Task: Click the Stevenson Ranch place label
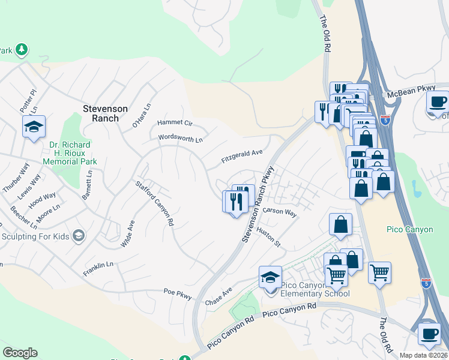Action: coord(105,113)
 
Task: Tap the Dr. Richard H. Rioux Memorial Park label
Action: coord(70,153)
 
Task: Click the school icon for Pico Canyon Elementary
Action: coord(271,278)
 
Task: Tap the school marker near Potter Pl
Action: coord(34,127)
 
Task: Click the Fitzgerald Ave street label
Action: coord(242,157)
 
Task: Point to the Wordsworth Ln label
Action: coord(180,139)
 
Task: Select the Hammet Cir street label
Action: coord(175,122)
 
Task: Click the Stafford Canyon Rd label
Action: coord(154,203)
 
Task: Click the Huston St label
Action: coord(268,236)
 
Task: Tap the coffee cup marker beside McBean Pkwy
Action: coord(438,101)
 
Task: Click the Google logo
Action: coord(20,353)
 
